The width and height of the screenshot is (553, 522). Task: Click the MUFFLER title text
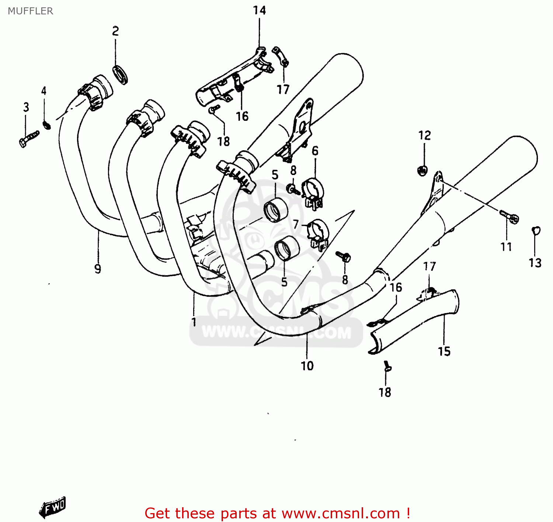[x=30, y=11]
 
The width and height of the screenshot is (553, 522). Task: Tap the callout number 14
[x=259, y=10]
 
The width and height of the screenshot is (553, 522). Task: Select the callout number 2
[x=115, y=31]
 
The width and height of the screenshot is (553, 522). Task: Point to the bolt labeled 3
[x=29, y=139]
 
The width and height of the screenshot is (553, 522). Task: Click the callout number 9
[x=98, y=269]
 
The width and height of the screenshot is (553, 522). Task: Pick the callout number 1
[x=194, y=322]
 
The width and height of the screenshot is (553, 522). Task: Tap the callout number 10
[x=307, y=366]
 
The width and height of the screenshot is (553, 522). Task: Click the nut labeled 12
[x=422, y=170]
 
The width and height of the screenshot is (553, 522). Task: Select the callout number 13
[x=535, y=263]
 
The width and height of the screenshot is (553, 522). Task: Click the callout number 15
[x=444, y=351]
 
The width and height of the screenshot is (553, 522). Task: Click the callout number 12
[x=424, y=136]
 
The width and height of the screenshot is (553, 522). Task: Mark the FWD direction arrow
[x=53, y=507]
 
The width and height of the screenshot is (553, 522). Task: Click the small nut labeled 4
[x=46, y=125]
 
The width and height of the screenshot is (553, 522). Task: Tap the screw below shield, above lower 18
[x=387, y=367]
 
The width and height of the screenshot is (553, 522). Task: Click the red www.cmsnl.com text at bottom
[x=341, y=513]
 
